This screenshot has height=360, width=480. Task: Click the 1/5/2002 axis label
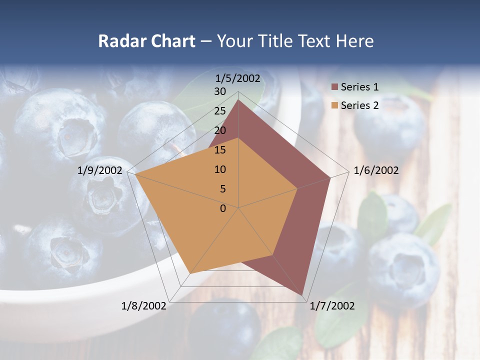tap(237, 78)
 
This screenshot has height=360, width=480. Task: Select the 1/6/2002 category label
tap(376, 170)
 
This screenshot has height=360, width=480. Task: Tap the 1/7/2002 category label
tap(332, 306)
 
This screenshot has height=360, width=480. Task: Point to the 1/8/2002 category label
tap(144, 306)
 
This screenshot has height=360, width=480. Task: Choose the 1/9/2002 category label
tap(100, 170)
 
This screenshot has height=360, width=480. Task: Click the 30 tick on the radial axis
tap(220, 91)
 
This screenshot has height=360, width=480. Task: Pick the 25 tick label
tap(220, 111)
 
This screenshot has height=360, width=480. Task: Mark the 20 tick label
tap(220, 130)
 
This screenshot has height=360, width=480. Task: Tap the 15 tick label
tap(220, 150)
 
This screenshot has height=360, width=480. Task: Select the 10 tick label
tap(220, 169)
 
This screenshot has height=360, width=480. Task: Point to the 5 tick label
tap(222, 189)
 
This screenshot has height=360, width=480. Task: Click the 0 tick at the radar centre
tap(223, 208)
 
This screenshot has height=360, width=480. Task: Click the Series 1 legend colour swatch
tap(334, 87)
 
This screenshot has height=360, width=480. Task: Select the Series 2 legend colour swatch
tap(334, 105)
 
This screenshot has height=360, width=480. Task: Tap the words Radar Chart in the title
tap(146, 41)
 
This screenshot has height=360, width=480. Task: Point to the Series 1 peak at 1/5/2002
tap(238, 100)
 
